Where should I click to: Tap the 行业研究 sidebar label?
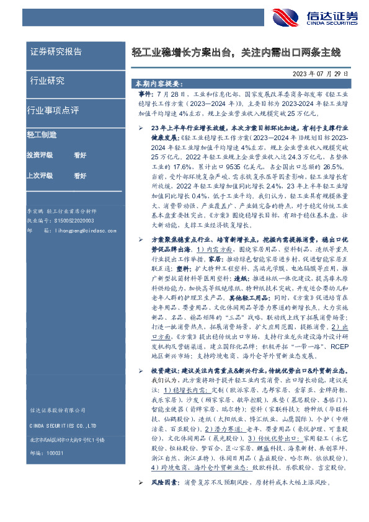click(48, 81)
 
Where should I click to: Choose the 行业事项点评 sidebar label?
click(53, 110)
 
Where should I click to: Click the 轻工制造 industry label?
click(42, 134)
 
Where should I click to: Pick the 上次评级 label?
click(40, 176)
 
